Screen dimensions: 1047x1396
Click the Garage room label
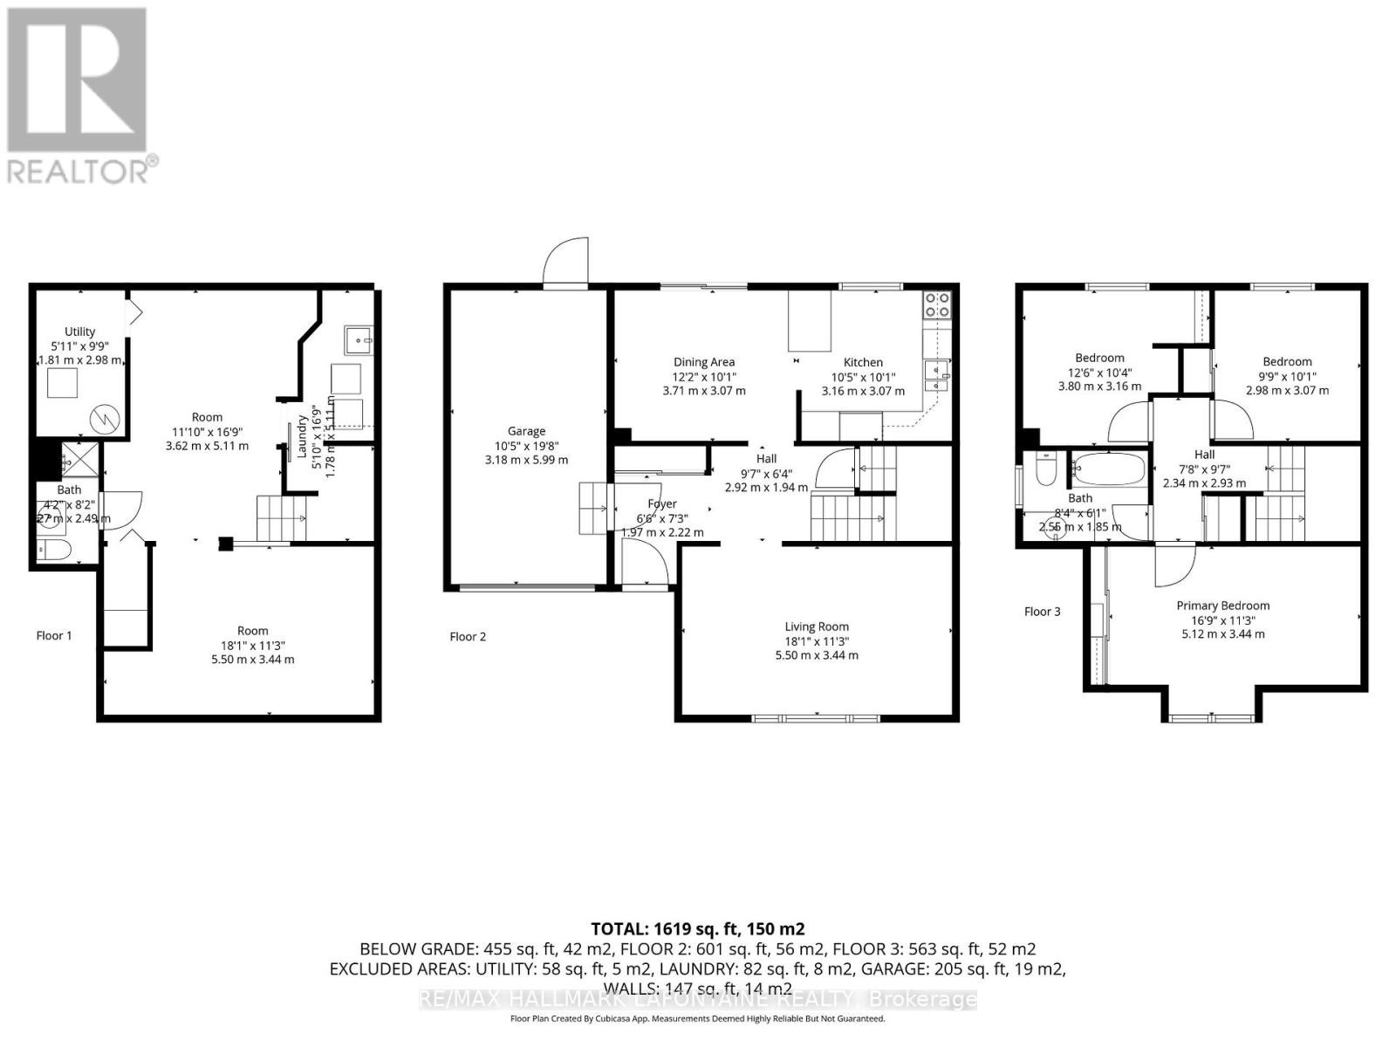(x=526, y=431)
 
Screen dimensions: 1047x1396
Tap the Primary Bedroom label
(x=1222, y=606)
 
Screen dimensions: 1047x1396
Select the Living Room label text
(x=817, y=626)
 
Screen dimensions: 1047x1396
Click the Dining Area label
(x=703, y=362)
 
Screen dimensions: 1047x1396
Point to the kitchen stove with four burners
(x=937, y=305)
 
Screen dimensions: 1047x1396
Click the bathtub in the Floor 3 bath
(x=1107, y=469)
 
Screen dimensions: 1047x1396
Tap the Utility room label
(x=79, y=332)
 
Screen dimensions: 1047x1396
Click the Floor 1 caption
(x=54, y=635)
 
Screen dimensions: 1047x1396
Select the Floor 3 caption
(x=1042, y=612)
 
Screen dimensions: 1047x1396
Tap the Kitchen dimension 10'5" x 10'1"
(x=863, y=377)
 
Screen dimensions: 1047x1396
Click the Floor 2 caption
(x=468, y=636)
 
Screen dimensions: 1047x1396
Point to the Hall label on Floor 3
(x=1204, y=455)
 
